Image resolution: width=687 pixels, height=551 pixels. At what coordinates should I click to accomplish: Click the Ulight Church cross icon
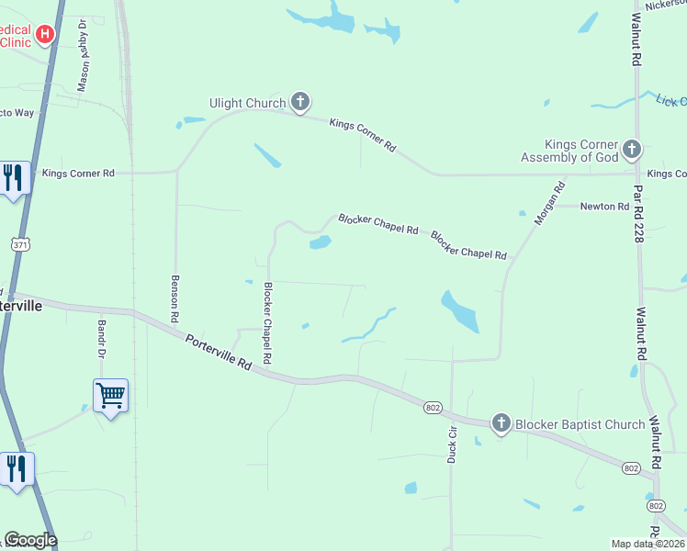click(299, 102)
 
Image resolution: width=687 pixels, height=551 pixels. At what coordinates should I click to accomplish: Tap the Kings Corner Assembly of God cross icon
click(631, 149)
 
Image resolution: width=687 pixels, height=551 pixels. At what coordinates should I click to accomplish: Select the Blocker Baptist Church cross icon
click(501, 423)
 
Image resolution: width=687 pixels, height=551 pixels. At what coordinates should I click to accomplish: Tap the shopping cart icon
click(110, 396)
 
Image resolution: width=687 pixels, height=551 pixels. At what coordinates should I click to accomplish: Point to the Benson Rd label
click(174, 298)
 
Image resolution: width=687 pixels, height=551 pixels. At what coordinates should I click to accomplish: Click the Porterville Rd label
click(218, 353)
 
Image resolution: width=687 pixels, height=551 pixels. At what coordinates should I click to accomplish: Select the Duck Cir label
click(452, 444)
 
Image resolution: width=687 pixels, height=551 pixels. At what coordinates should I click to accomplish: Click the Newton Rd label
click(603, 207)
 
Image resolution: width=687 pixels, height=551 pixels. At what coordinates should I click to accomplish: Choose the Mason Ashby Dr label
click(83, 55)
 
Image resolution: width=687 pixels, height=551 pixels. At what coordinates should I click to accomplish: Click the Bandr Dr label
click(103, 340)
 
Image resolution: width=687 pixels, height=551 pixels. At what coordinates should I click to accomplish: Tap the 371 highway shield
click(21, 244)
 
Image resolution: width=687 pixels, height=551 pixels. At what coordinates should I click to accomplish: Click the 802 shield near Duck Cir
click(434, 406)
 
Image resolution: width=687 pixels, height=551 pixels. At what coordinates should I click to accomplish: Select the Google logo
click(30, 540)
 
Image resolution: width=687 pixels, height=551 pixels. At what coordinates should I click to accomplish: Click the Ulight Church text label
click(248, 103)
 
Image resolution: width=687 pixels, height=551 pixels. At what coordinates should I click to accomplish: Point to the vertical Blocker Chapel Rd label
click(268, 321)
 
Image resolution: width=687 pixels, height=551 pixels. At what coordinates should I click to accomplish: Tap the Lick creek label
click(670, 100)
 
